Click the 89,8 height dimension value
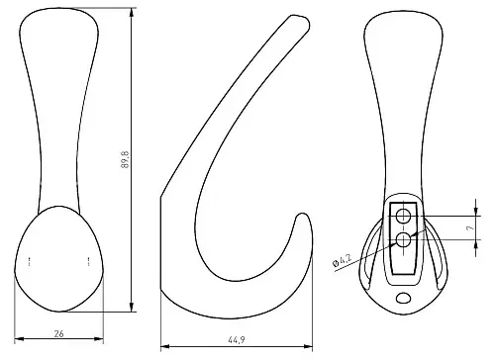pyautogui.click(x=125, y=159)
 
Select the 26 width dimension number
pyautogui.click(x=58, y=334)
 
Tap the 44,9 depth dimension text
pyautogui.click(x=237, y=340)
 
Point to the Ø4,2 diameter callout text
pyautogui.click(x=342, y=259)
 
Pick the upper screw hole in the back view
pyautogui.click(x=403, y=217)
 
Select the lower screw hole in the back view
pyautogui.click(x=403, y=239)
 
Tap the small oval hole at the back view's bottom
pyautogui.click(x=403, y=299)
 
